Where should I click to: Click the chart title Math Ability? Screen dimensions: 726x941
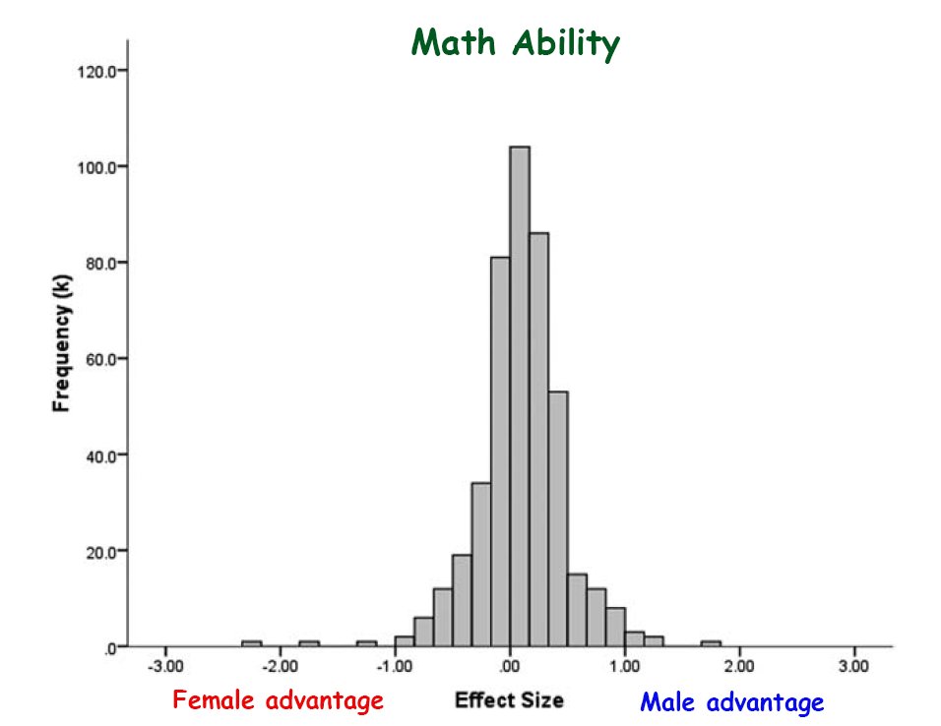[x=516, y=43]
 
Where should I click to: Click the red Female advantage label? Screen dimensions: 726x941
[x=278, y=701]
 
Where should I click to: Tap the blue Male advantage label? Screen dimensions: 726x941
[x=731, y=703]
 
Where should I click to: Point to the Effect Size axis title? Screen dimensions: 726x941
[x=509, y=700]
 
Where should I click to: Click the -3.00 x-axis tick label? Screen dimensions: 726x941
[x=164, y=665]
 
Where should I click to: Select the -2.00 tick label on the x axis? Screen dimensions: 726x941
[x=280, y=665]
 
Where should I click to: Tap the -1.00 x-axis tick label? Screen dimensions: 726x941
[x=394, y=665]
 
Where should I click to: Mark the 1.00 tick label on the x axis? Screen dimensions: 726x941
[x=625, y=665]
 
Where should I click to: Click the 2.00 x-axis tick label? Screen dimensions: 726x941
[x=740, y=665]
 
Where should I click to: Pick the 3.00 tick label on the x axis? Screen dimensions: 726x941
[x=854, y=665]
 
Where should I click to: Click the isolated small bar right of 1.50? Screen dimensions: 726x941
[x=711, y=643]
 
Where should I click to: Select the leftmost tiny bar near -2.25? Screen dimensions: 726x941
[x=251, y=643]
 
